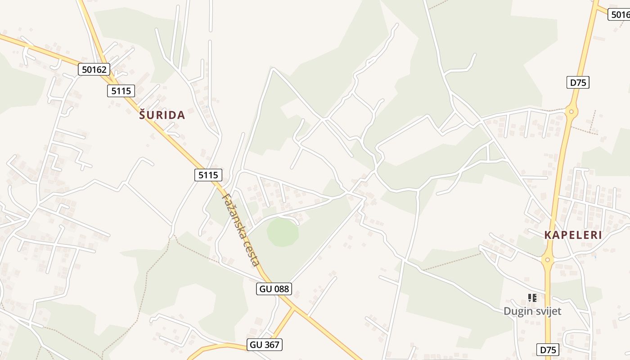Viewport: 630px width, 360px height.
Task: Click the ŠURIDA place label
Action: pos(162,115)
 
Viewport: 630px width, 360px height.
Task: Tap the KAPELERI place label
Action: pos(573,235)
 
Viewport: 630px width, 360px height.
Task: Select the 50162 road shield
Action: pos(94,69)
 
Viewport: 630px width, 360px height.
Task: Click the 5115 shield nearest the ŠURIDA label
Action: pos(121,91)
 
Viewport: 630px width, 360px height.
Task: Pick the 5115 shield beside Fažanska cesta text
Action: pos(208,175)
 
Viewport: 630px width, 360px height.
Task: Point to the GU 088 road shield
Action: pos(274,289)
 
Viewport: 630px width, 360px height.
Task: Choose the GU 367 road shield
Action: pos(265,345)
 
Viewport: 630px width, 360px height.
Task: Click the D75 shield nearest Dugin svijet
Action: pos(549,350)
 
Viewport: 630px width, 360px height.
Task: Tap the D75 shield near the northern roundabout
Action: pos(578,82)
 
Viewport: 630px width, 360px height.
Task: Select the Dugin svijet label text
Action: pos(532,311)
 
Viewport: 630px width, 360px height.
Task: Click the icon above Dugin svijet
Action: pos(532,297)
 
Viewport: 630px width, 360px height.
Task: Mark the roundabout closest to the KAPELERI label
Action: pos(547,259)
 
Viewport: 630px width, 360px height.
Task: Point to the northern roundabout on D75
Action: pos(571,111)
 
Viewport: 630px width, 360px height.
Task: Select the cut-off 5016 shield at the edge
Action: pos(620,14)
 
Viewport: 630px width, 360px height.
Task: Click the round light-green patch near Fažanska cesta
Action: pos(283,233)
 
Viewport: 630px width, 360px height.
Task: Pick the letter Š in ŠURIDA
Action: pos(143,115)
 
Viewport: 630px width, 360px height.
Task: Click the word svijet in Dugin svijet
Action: pos(549,311)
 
